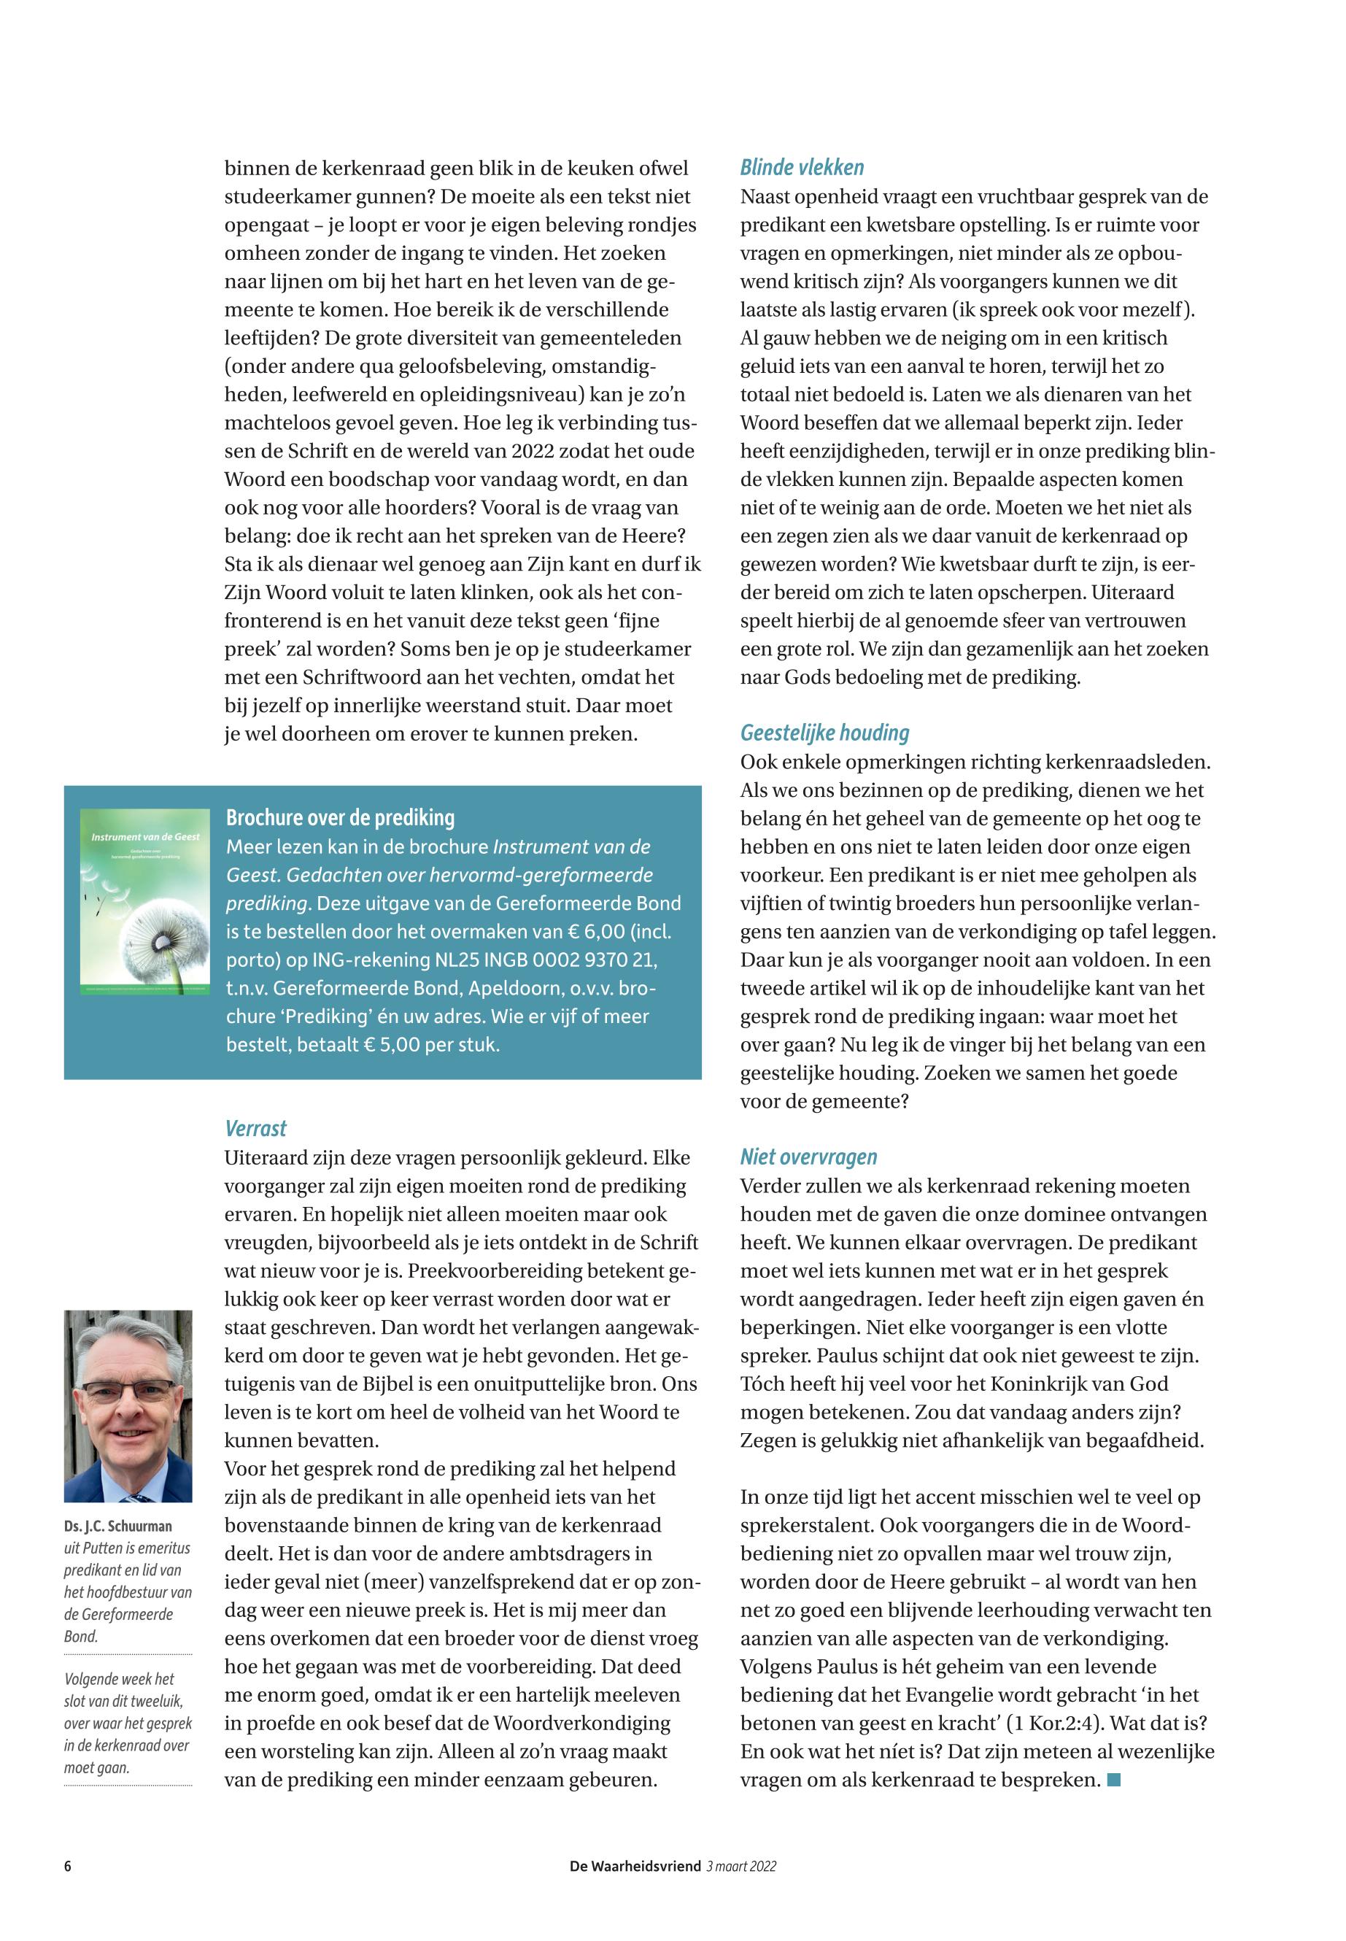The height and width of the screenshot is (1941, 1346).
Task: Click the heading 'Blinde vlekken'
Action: point(802,168)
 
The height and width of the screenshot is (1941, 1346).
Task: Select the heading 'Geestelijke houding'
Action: point(825,733)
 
